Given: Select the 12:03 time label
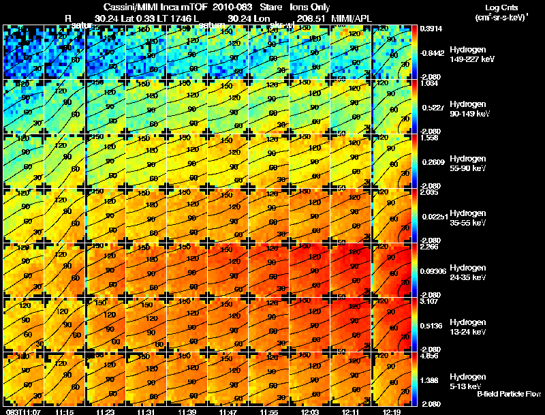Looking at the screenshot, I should [310, 412].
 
